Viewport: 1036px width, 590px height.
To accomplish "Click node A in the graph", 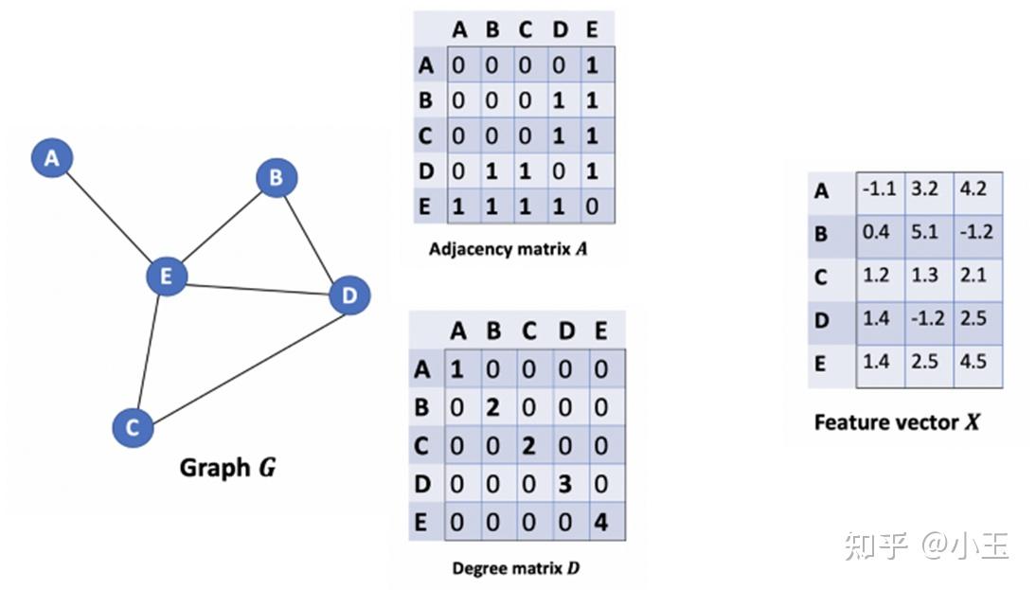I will (x=51, y=158).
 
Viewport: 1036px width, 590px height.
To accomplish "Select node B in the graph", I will (x=277, y=177).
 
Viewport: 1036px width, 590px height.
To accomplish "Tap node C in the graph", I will (x=132, y=427).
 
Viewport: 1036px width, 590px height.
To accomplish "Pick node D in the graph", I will (x=348, y=296).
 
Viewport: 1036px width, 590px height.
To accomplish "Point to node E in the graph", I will (x=167, y=277).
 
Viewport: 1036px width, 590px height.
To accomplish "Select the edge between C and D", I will (x=241, y=362).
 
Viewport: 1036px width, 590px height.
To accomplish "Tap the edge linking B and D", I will (x=313, y=237).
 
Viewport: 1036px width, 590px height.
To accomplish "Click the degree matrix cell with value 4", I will (x=600, y=522).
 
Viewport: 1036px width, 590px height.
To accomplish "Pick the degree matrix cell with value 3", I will (x=564, y=484).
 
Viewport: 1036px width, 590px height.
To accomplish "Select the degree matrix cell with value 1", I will (x=457, y=369).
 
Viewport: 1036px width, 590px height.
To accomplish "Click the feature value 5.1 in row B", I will (x=924, y=231).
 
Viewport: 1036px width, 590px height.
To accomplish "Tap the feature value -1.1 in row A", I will (x=879, y=188).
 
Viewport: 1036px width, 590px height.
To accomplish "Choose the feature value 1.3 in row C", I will (x=924, y=275).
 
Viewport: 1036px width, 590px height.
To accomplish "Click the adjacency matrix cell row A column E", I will (x=592, y=65).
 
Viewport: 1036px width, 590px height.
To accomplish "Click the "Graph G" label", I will (x=227, y=468).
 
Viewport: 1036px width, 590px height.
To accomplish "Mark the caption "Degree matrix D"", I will (x=516, y=568).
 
